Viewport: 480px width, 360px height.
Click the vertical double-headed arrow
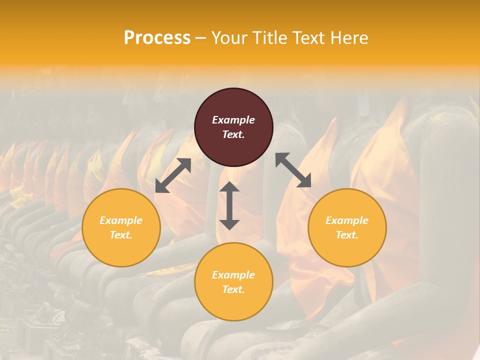(229, 206)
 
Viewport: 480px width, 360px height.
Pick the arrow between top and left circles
(173, 175)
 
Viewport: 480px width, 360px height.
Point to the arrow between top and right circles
(293, 170)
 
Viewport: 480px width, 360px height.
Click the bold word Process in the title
(157, 37)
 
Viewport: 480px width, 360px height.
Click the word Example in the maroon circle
(233, 120)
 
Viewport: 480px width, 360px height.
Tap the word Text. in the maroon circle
(233, 134)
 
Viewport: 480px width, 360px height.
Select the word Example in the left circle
(121, 220)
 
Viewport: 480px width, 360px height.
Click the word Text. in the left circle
(121, 235)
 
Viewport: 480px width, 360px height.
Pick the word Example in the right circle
(347, 220)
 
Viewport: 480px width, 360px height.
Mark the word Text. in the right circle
(347, 235)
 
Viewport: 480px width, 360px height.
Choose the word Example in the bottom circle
(233, 275)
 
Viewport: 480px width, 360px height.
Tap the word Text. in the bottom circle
(233, 289)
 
